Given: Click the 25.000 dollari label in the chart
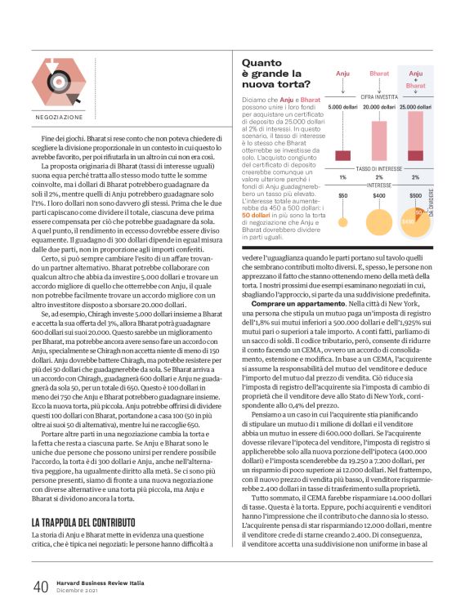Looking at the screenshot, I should pyautogui.click(x=415, y=107).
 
